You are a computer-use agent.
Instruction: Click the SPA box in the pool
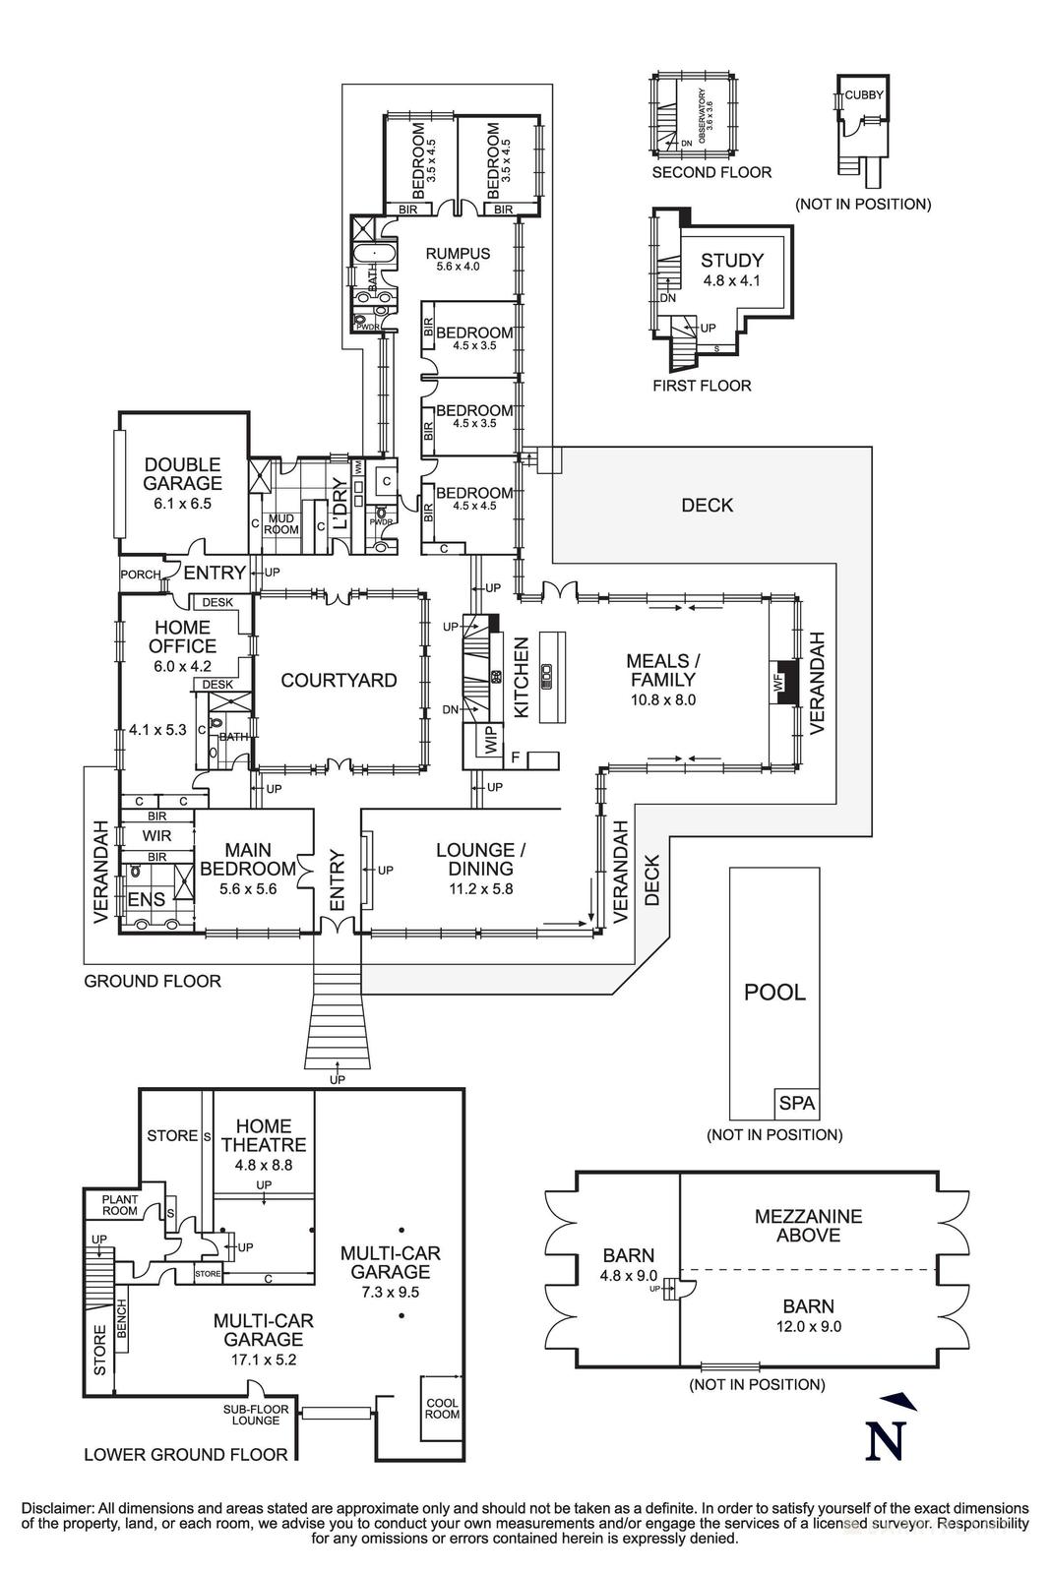point(797,1103)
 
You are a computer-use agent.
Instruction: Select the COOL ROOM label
point(442,1408)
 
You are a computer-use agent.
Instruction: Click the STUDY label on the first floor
point(731,261)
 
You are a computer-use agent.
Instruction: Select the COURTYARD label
point(339,680)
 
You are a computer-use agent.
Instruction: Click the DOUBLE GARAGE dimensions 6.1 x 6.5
point(182,503)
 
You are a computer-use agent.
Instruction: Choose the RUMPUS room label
point(458,253)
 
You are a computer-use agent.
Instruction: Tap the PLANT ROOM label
point(120,1205)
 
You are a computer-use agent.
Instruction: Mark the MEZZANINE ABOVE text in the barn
point(808,1225)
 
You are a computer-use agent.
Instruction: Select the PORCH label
point(140,575)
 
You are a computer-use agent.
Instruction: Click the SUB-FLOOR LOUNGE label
point(256,1415)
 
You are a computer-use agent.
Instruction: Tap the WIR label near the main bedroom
point(156,836)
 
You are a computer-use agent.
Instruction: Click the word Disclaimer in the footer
point(54,1508)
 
